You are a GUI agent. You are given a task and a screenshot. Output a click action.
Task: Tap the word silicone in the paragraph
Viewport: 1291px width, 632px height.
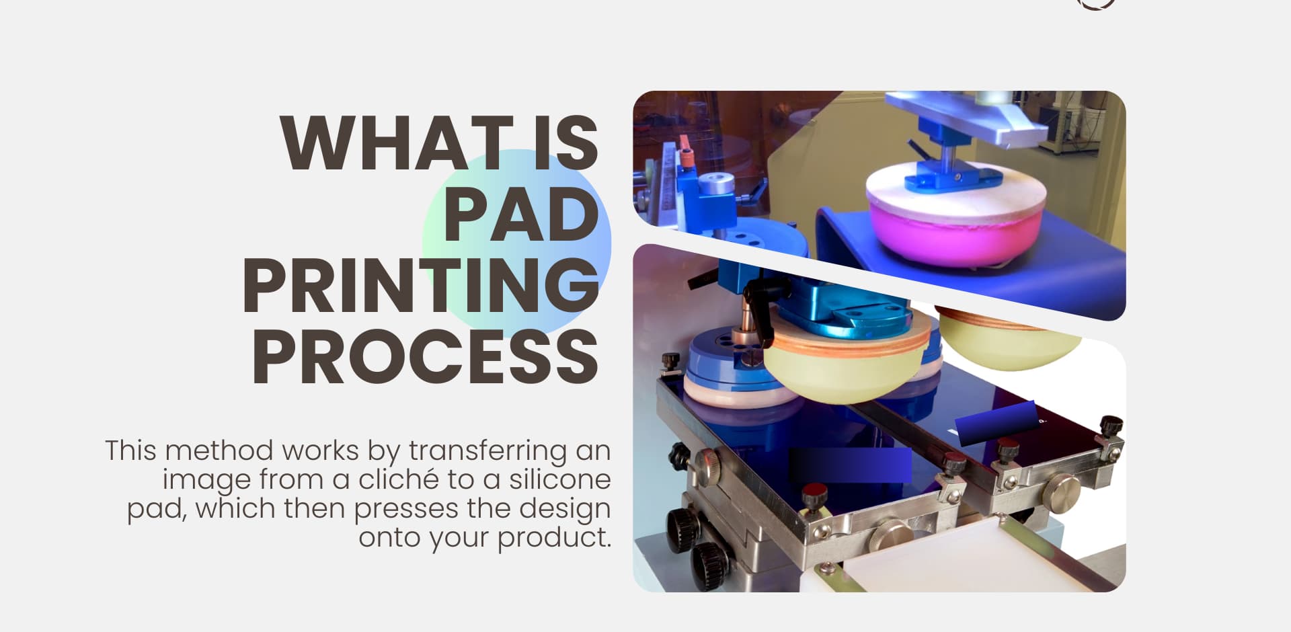559,480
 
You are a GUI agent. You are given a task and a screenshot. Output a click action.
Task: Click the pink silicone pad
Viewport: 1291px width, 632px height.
955,232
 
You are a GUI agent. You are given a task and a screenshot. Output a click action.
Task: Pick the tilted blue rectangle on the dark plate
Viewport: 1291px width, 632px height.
995,423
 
